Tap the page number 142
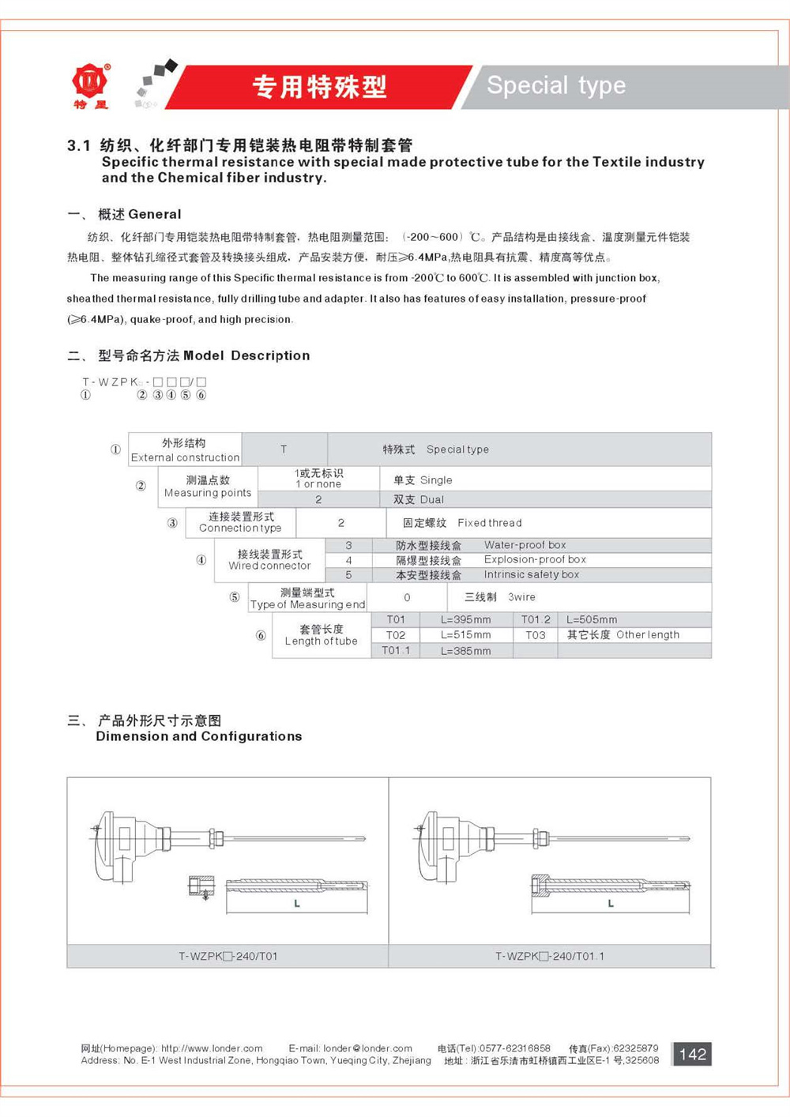point(692,1054)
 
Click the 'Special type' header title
point(556,85)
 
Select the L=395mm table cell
point(465,620)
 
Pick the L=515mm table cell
point(465,635)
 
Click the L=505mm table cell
point(592,620)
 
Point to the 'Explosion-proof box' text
point(535,559)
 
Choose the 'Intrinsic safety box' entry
point(531,575)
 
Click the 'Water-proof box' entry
point(525,545)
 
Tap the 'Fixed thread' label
point(489,523)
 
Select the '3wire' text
point(521,597)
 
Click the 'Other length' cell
point(647,635)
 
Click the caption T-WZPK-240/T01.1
point(549,956)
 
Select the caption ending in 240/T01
point(228,956)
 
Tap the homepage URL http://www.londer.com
point(212,1048)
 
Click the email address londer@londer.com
point(367,1048)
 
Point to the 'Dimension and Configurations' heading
point(199,736)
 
